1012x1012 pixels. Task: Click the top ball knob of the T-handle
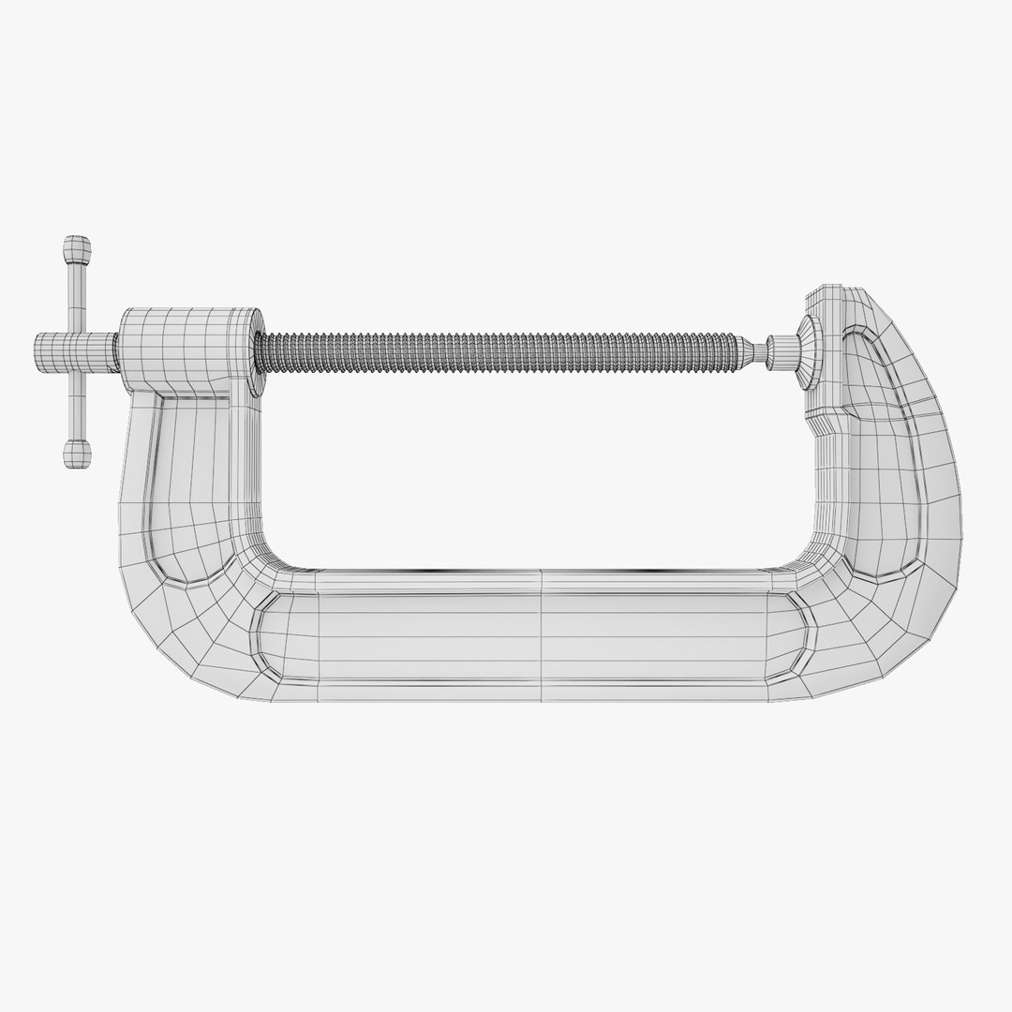click(x=78, y=252)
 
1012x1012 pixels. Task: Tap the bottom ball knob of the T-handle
click(x=77, y=455)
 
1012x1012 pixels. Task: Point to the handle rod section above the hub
click(x=76, y=297)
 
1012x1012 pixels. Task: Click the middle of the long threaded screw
click(x=506, y=347)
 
